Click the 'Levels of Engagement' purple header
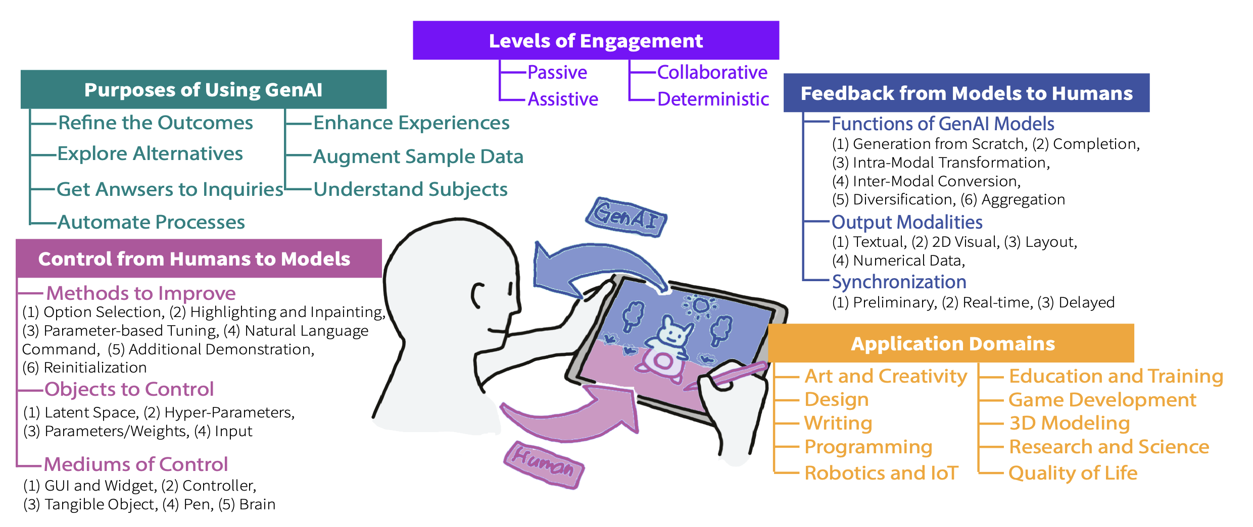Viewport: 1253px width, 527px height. click(x=596, y=40)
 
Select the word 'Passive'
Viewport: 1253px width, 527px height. click(x=557, y=73)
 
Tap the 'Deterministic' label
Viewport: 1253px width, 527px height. click(x=713, y=99)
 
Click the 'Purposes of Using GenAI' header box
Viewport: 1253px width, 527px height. click(x=203, y=90)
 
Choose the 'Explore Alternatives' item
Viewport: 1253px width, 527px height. click(x=150, y=153)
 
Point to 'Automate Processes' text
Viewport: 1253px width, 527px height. click(x=151, y=222)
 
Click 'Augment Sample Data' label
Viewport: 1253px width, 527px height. click(x=418, y=156)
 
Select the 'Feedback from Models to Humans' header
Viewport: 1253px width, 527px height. click(x=966, y=93)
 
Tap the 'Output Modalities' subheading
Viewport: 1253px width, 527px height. click(x=907, y=222)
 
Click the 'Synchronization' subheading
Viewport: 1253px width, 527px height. click(x=899, y=282)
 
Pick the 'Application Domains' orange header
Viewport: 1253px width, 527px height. click(x=952, y=344)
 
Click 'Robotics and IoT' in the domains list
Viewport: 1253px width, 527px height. click(x=881, y=473)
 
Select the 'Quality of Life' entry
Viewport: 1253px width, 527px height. click(x=1073, y=473)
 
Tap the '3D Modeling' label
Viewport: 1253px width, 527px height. click(x=1069, y=423)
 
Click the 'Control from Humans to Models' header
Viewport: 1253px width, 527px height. click(x=194, y=259)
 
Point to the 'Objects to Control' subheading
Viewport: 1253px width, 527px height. click(x=129, y=389)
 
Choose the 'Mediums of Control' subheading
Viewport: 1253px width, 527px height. click(x=135, y=464)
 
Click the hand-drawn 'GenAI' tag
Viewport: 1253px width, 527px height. click(x=626, y=217)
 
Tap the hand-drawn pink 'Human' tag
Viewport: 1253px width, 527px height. click(x=543, y=464)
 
